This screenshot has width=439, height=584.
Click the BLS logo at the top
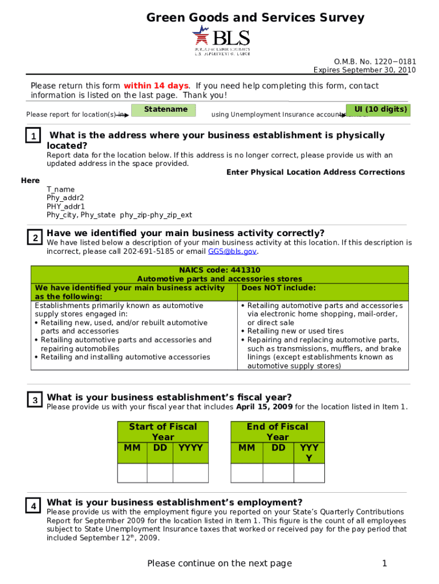[x=221, y=41]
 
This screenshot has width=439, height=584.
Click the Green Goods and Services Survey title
[x=255, y=18]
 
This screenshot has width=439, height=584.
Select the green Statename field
[x=164, y=110]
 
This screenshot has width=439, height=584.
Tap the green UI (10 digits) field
[x=378, y=110]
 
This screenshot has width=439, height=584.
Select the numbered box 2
[x=35, y=238]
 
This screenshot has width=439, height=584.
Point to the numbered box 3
[x=35, y=400]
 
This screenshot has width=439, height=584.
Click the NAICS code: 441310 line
[x=219, y=270]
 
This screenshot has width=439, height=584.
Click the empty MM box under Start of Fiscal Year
[x=132, y=473]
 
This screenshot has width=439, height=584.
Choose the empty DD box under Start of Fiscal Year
[x=160, y=473]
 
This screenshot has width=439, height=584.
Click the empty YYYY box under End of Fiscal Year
[x=309, y=473]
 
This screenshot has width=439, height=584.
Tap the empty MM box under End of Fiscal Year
[x=246, y=473]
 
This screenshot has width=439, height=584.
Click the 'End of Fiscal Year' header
[x=277, y=432]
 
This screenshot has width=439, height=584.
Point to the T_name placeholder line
[x=60, y=189]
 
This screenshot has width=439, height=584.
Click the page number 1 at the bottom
[x=384, y=563]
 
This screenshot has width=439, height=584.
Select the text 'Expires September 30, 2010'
[x=364, y=70]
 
